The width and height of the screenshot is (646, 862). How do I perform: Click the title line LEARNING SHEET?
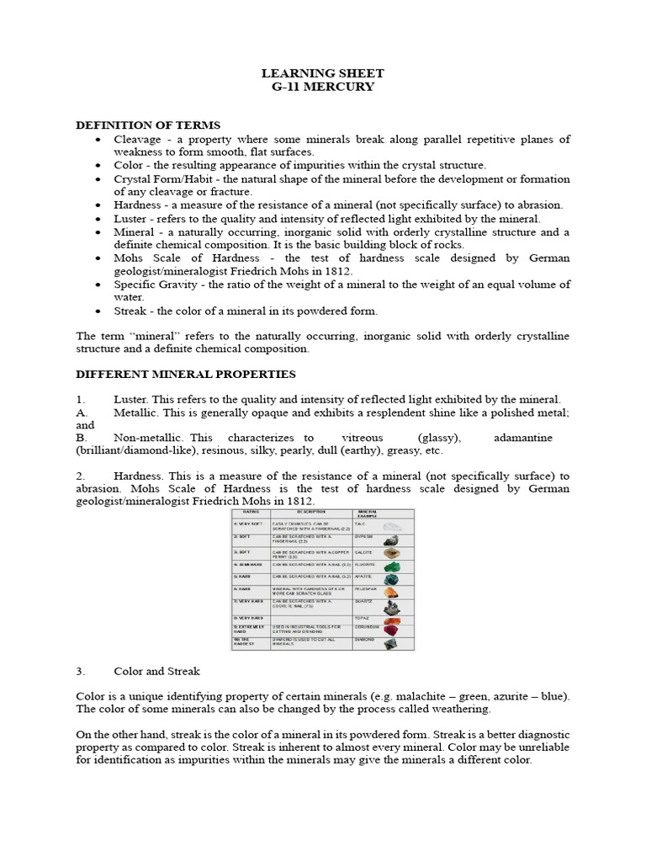[x=322, y=72]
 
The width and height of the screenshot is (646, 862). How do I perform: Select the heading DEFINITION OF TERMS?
[x=148, y=125]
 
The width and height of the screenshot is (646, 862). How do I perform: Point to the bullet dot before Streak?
[x=99, y=311]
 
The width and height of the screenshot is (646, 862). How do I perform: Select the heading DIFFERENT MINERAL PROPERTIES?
[x=185, y=374]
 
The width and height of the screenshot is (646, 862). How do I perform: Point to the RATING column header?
[x=251, y=512]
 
